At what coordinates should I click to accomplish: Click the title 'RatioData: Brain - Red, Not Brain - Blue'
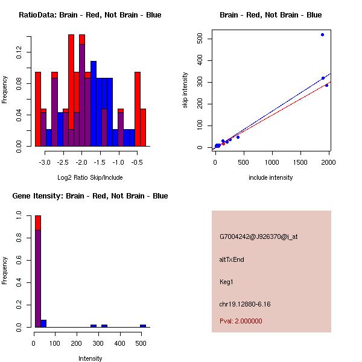pyautogui.click(x=90, y=14)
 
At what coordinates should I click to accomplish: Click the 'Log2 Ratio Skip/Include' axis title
pyautogui.click(x=90, y=177)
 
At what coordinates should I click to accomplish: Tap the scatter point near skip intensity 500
pyautogui.click(x=323, y=34)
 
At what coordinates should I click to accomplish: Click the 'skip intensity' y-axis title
pyautogui.click(x=185, y=91)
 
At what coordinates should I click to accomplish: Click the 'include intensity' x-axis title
pyautogui.click(x=271, y=177)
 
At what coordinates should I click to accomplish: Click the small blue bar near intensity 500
pyautogui.click(x=143, y=326)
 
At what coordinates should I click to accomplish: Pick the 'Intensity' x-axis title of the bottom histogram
pyautogui.click(x=91, y=358)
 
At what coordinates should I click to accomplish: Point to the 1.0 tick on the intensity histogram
pyautogui.click(x=19, y=215)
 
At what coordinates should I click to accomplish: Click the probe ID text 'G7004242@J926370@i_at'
pyautogui.click(x=259, y=237)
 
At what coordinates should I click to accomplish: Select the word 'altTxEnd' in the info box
pyautogui.click(x=232, y=259)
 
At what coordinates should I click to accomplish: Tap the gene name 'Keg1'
pyautogui.click(x=227, y=282)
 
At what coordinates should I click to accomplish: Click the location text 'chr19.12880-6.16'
pyautogui.click(x=245, y=304)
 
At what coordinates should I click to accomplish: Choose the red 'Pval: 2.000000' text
pyautogui.click(x=241, y=321)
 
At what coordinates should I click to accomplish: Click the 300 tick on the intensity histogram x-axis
pyautogui.click(x=185, y=343)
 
